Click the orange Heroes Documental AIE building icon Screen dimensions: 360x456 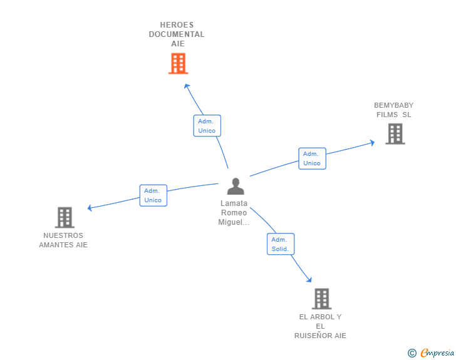[178, 63]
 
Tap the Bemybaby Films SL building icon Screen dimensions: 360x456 [395, 133]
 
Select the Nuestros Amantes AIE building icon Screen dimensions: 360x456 [65, 217]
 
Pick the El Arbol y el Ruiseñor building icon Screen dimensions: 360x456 [321, 299]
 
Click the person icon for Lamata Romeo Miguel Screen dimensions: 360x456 [236, 186]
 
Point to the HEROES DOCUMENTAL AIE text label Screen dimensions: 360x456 [177, 34]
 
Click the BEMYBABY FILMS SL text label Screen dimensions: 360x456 [393, 110]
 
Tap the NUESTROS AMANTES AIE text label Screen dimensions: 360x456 [63, 240]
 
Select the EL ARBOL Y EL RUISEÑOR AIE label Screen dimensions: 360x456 [320, 326]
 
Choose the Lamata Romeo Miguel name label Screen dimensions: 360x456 [234, 213]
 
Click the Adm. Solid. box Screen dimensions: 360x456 [280, 244]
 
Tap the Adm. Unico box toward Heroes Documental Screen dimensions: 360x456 [207, 126]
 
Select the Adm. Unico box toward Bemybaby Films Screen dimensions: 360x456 [311, 158]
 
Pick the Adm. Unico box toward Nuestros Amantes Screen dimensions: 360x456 [153, 195]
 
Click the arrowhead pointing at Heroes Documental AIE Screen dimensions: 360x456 [186, 86]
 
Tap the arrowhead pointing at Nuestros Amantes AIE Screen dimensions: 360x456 [90, 208]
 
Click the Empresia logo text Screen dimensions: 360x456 [437, 353]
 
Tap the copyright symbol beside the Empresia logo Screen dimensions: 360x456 [412, 353]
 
